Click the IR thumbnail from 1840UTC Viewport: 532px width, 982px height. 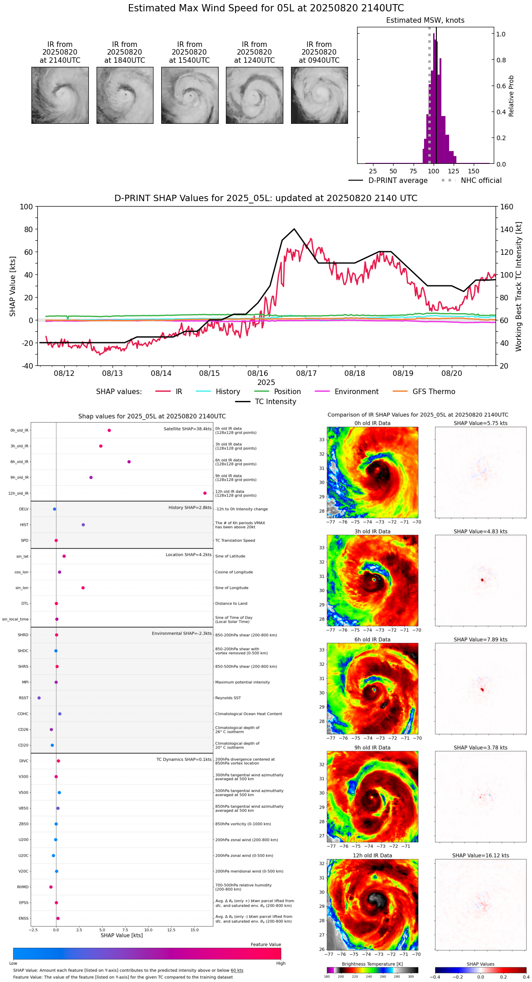point(125,95)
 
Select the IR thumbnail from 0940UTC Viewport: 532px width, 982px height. point(319,95)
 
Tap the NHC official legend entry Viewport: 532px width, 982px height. point(481,181)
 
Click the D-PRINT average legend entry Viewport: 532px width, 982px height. point(398,181)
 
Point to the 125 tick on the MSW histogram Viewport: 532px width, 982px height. point(454,171)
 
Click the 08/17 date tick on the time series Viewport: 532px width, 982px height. point(307,373)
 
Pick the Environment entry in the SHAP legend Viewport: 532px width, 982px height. point(356,392)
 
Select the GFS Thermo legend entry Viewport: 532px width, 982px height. point(434,392)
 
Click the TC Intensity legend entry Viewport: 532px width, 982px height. point(275,402)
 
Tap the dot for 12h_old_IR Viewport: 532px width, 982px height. point(205,493)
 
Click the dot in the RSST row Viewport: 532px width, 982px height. point(39,698)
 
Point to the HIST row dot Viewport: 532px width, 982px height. point(83,525)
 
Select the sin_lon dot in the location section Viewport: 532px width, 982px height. point(83,588)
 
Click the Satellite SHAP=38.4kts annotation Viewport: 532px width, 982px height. point(188,429)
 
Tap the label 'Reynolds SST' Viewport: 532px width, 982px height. point(228,698)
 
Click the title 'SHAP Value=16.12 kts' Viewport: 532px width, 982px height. point(481,855)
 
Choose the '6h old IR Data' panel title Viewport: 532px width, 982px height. point(373,639)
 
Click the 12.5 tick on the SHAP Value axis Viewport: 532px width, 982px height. point(171,930)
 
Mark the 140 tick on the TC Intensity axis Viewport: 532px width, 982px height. point(506,229)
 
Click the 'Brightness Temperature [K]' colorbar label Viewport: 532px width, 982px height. point(372,964)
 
